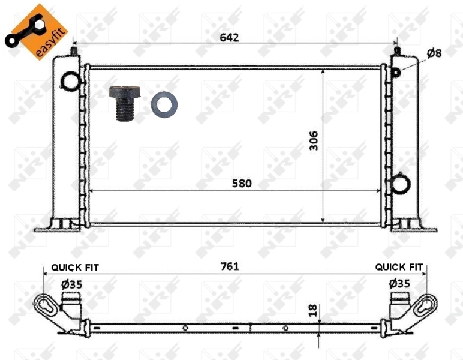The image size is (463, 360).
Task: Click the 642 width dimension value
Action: [229, 38]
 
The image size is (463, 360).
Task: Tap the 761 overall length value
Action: [229, 266]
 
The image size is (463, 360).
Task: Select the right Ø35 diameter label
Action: [399, 283]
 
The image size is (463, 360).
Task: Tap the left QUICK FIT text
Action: [75, 267]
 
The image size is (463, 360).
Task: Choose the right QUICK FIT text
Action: [399, 267]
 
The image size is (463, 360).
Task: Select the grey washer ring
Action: [163, 104]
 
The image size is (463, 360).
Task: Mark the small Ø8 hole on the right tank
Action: [396, 73]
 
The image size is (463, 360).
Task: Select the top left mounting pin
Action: [73, 52]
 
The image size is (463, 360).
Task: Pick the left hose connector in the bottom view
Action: [73, 303]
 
